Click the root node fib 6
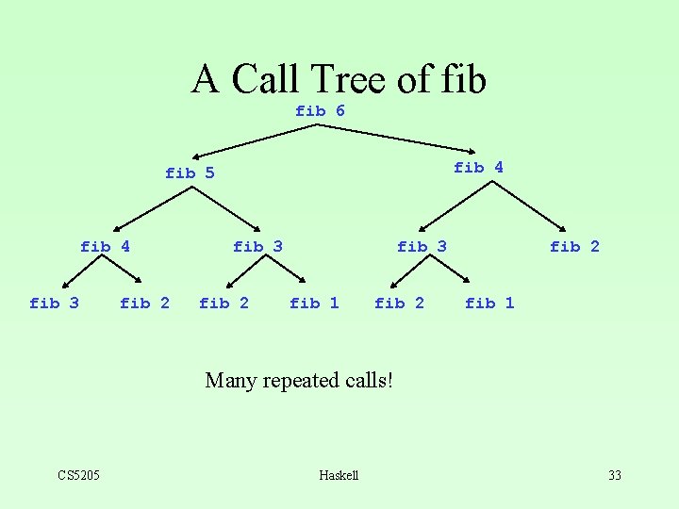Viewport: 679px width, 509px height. click(x=320, y=111)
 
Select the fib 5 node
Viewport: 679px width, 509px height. click(x=190, y=173)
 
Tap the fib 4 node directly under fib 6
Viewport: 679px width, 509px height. click(x=478, y=167)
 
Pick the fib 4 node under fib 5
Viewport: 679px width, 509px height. click(x=106, y=247)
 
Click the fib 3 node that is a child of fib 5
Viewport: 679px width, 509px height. click(x=258, y=247)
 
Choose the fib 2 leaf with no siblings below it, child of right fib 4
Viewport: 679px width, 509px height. click(x=574, y=247)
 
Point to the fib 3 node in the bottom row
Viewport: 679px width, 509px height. click(x=54, y=303)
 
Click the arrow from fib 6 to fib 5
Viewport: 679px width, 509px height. click(x=255, y=141)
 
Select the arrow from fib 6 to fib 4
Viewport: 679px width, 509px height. click(x=396, y=139)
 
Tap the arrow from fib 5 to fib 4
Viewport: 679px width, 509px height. click(x=152, y=209)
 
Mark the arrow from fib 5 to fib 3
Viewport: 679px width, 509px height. click(x=226, y=209)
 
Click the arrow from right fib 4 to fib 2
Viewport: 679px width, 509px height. click(x=529, y=206)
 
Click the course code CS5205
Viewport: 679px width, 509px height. click(x=79, y=475)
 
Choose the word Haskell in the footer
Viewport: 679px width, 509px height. click(x=339, y=475)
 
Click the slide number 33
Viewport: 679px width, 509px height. click(x=615, y=475)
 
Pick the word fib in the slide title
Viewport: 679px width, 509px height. click(x=464, y=78)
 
